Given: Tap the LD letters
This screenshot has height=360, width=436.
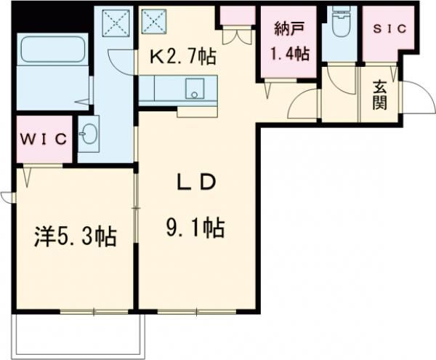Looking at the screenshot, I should [x=195, y=183].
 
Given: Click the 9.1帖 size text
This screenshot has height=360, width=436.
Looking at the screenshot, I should [x=195, y=228].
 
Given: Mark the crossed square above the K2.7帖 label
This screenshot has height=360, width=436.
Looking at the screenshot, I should [x=155, y=21].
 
